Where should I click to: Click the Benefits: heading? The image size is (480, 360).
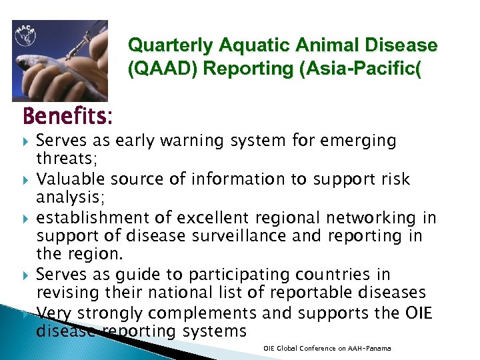pyautogui.click(x=67, y=117)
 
